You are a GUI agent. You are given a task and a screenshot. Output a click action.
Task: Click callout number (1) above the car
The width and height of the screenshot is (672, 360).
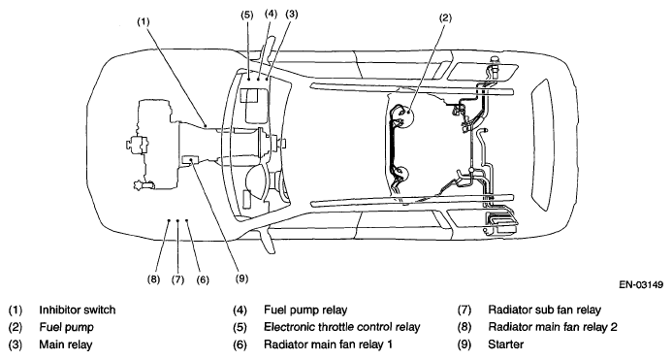click(144, 21)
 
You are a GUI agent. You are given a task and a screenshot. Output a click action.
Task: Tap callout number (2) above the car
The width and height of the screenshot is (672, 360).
click(445, 17)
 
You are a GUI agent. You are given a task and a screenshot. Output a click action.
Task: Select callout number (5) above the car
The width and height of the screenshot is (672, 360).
click(247, 15)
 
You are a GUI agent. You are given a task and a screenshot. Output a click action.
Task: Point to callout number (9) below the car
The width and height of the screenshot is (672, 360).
click(241, 278)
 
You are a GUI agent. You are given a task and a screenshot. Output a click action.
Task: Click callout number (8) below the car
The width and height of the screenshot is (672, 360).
click(153, 279)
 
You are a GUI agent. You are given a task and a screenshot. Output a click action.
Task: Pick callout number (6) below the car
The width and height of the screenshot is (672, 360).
click(203, 279)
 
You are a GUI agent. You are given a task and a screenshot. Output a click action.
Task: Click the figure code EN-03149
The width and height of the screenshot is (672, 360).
click(641, 284)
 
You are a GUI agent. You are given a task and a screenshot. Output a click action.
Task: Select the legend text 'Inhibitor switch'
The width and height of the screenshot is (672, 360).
click(78, 310)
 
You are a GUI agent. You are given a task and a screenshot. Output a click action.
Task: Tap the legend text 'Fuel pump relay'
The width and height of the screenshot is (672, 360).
click(305, 310)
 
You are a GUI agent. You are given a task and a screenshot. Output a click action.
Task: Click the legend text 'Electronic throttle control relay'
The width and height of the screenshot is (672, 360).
click(342, 327)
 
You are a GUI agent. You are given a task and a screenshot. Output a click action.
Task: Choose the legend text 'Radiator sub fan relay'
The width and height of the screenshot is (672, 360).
click(545, 310)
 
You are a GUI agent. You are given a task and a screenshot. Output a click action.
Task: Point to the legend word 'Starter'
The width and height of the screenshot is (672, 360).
click(506, 344)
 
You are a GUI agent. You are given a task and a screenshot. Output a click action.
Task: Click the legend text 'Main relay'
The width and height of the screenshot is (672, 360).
click(66, 344)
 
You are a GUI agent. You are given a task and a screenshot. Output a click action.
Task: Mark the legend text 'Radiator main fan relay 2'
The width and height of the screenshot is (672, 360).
click(553, 327)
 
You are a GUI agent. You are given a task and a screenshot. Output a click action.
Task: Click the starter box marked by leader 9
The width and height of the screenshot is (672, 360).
click(190, 159)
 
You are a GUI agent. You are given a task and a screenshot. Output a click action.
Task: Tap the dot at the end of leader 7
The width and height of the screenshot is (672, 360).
click(177, 220)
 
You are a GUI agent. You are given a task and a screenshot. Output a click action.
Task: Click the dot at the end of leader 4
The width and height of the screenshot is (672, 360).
click(258, 79)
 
